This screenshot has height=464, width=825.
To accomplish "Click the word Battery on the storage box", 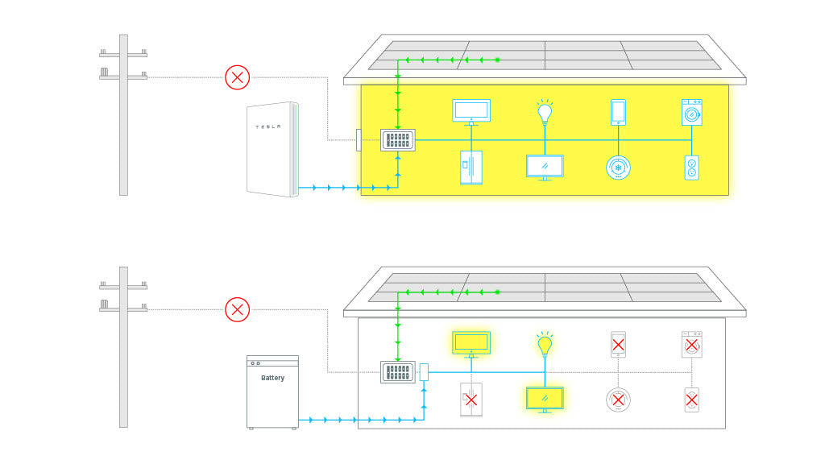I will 272,378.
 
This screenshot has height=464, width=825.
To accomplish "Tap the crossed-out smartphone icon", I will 618,344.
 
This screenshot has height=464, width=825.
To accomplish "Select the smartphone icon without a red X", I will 618,112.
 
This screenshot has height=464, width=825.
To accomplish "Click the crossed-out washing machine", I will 691,344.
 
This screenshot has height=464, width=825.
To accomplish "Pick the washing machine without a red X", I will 691,112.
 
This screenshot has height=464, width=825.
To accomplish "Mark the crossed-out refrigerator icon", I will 471,400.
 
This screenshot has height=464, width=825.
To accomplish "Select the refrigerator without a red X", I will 471,167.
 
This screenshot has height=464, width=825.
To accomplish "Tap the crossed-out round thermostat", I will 618,400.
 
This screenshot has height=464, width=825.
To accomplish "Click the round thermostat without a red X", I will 618,167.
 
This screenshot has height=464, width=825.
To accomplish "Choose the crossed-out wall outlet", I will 691,400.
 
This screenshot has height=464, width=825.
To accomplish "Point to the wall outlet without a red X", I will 691,168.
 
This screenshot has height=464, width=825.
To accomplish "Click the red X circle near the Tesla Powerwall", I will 237,77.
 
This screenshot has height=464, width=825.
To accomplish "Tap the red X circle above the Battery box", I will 237,309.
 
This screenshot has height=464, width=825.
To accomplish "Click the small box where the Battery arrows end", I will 424,372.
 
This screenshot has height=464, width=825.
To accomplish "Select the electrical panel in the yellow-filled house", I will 398,140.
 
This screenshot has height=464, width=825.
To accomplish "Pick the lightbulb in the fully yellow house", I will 545,111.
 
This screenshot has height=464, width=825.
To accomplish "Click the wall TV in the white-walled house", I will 471,342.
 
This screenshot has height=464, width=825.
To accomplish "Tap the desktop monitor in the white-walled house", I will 545,399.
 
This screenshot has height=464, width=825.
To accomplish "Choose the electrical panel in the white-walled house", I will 398,372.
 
